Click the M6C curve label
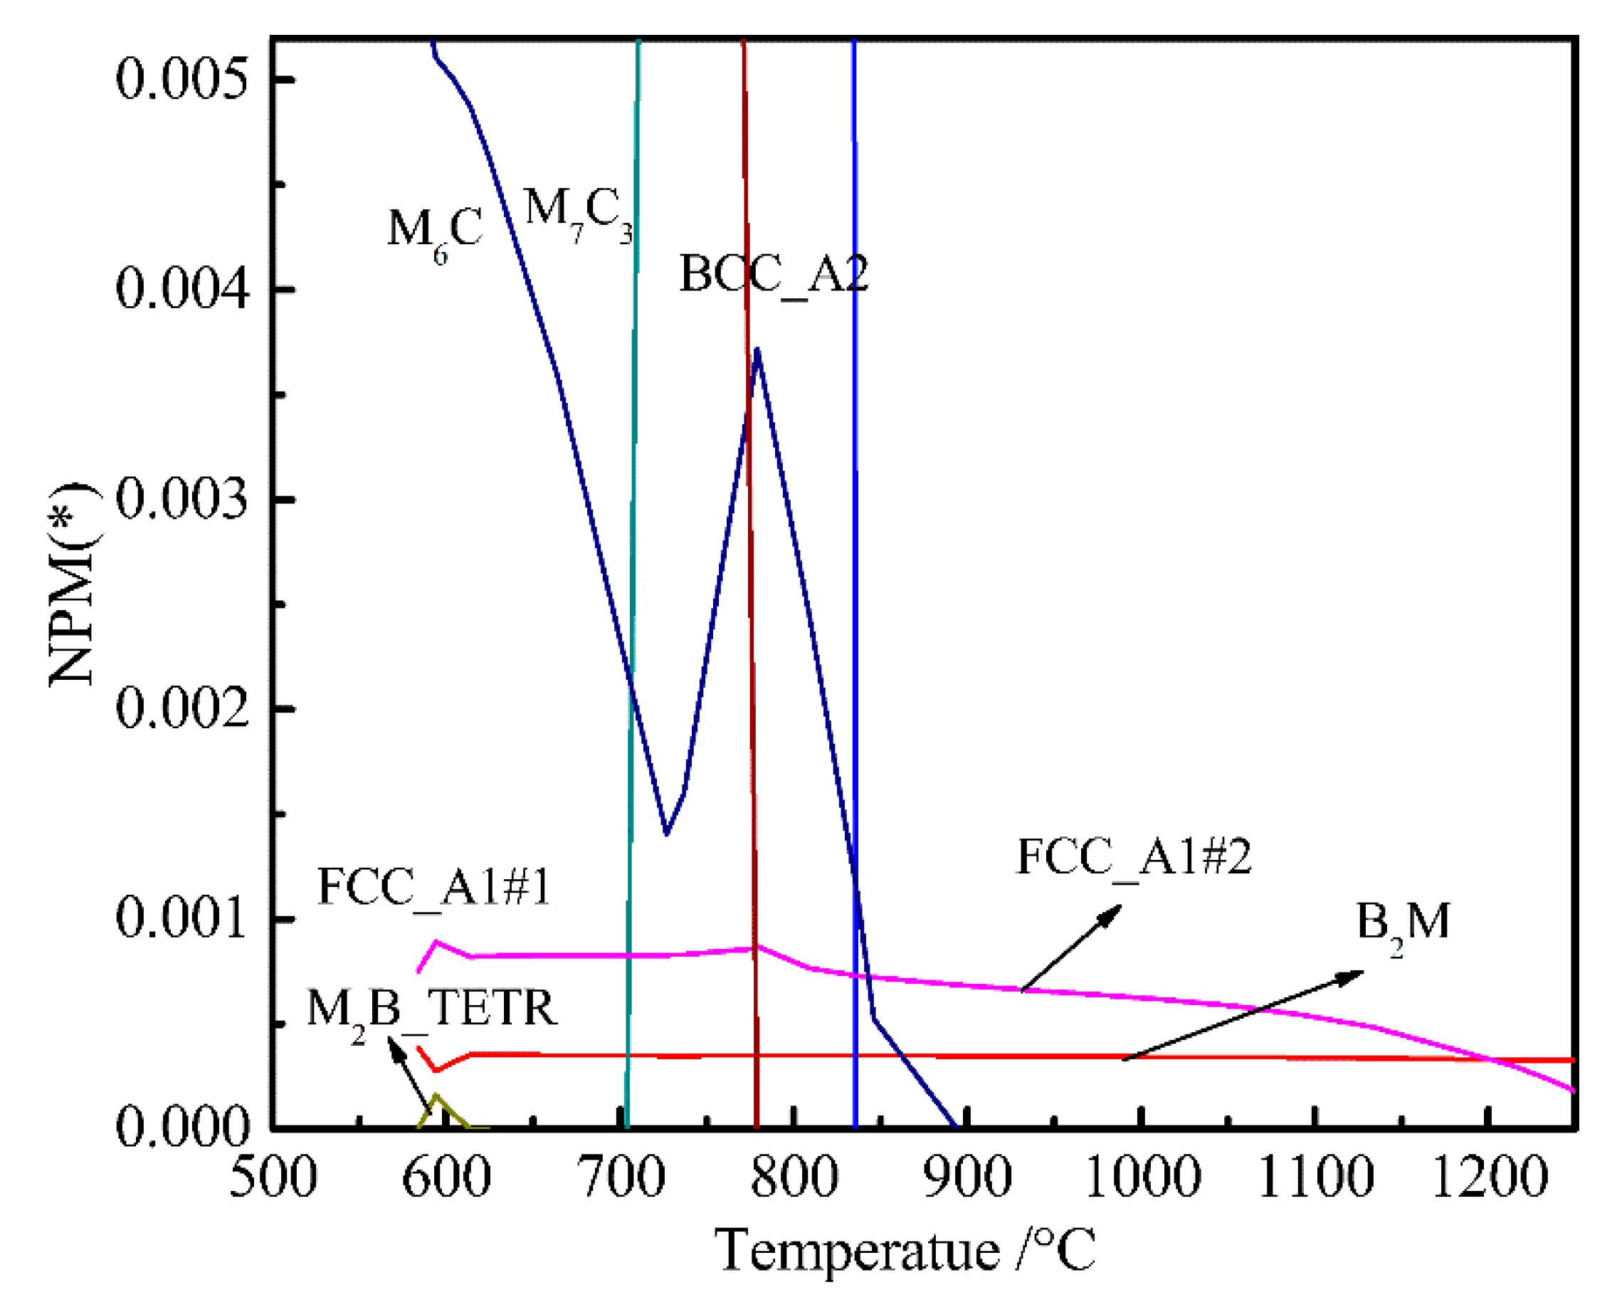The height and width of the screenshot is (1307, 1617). pyautogui.click(x=434, y=230)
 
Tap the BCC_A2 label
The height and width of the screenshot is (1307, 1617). pyautogui.click(x=773, y=274)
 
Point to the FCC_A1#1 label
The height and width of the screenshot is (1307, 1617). pyautogui.click(x=433, y=886)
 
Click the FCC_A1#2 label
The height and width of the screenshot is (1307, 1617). pyautogui.click(x=1133, y=857)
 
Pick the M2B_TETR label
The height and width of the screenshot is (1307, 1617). pyautogui.click(x=431, y=1009)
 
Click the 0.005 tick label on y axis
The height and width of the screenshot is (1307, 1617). pyautogui.click(x=181, y=79)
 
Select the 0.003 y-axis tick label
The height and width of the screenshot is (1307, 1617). pyautogui.click(x=181, y=498)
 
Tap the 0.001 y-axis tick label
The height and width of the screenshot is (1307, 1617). pyautogui.click(x=181, y=918)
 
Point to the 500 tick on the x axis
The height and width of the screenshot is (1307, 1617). pyautogui.click(x=273, y=1178)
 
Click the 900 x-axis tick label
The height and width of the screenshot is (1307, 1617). pyautogui.click(x=967, y=1178)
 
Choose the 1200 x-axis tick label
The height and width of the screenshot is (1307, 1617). pyautogui.click(x=1488, y=1178)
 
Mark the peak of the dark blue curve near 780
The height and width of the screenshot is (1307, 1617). pyautogui.click(x=757, y=349)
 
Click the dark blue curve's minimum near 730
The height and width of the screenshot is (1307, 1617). pyautogui.click(x=666, y=834)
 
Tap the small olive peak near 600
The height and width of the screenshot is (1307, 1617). pyautogui.click(x=435, y=1096)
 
